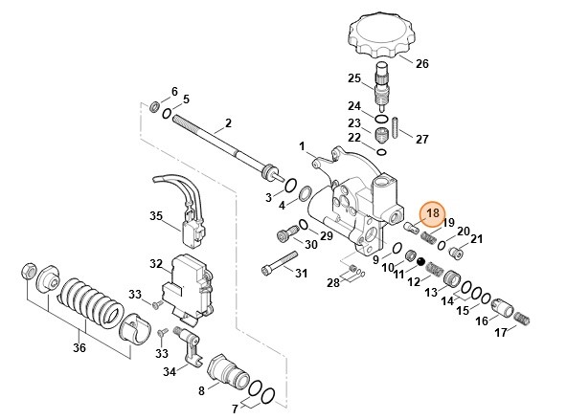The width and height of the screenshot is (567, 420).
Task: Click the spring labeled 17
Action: [523, 317]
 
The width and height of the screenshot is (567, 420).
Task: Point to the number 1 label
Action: [301, 146]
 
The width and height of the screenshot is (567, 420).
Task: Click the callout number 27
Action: [422, 139]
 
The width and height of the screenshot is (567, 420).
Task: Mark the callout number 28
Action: [333, 282]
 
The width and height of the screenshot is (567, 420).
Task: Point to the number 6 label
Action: [173, 91]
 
